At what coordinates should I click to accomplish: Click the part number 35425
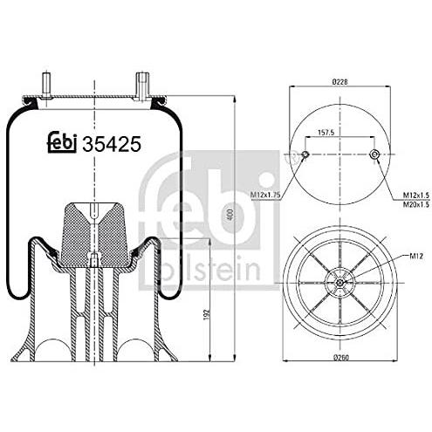[112, 144]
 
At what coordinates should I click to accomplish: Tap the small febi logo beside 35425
[62, 142]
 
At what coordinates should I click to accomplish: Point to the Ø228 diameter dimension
[339, 82]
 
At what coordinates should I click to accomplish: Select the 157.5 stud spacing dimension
[326, 133]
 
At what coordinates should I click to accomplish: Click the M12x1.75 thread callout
[265, 195]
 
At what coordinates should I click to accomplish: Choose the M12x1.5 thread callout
[415, 195]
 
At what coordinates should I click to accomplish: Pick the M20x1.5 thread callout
[415, 204]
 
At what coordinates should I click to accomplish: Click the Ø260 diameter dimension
[340, 357]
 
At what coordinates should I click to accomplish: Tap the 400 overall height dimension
[231, 215]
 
